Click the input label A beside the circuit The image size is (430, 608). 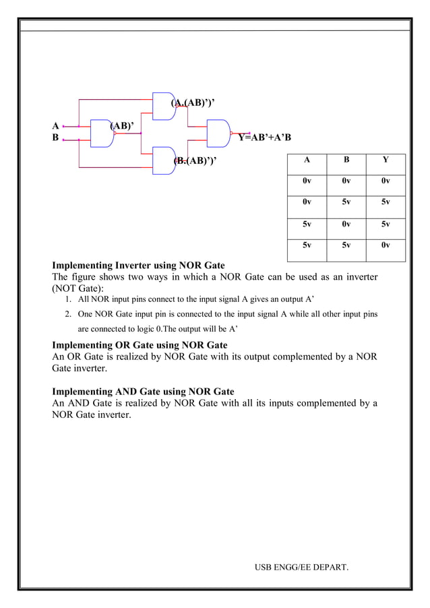point(55,125)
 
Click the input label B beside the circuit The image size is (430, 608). point(55,138)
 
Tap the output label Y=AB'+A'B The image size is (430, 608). point(264,138)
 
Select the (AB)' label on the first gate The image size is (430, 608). point(121,125)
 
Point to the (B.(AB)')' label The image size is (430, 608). point(195,160)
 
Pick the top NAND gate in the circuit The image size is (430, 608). point(164,106)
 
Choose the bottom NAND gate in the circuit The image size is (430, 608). point(164,160)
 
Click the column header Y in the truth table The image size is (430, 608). point(385,160)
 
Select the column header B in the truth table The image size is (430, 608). point(346,160)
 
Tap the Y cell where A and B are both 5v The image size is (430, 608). point(385,245)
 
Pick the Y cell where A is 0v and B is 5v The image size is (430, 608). point(385,202)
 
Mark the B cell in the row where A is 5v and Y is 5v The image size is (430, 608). point(346,224)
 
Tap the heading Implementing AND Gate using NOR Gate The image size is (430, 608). point(143,391)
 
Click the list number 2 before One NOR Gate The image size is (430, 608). point(68,314)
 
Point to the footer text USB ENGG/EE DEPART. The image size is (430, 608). point(301,567)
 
